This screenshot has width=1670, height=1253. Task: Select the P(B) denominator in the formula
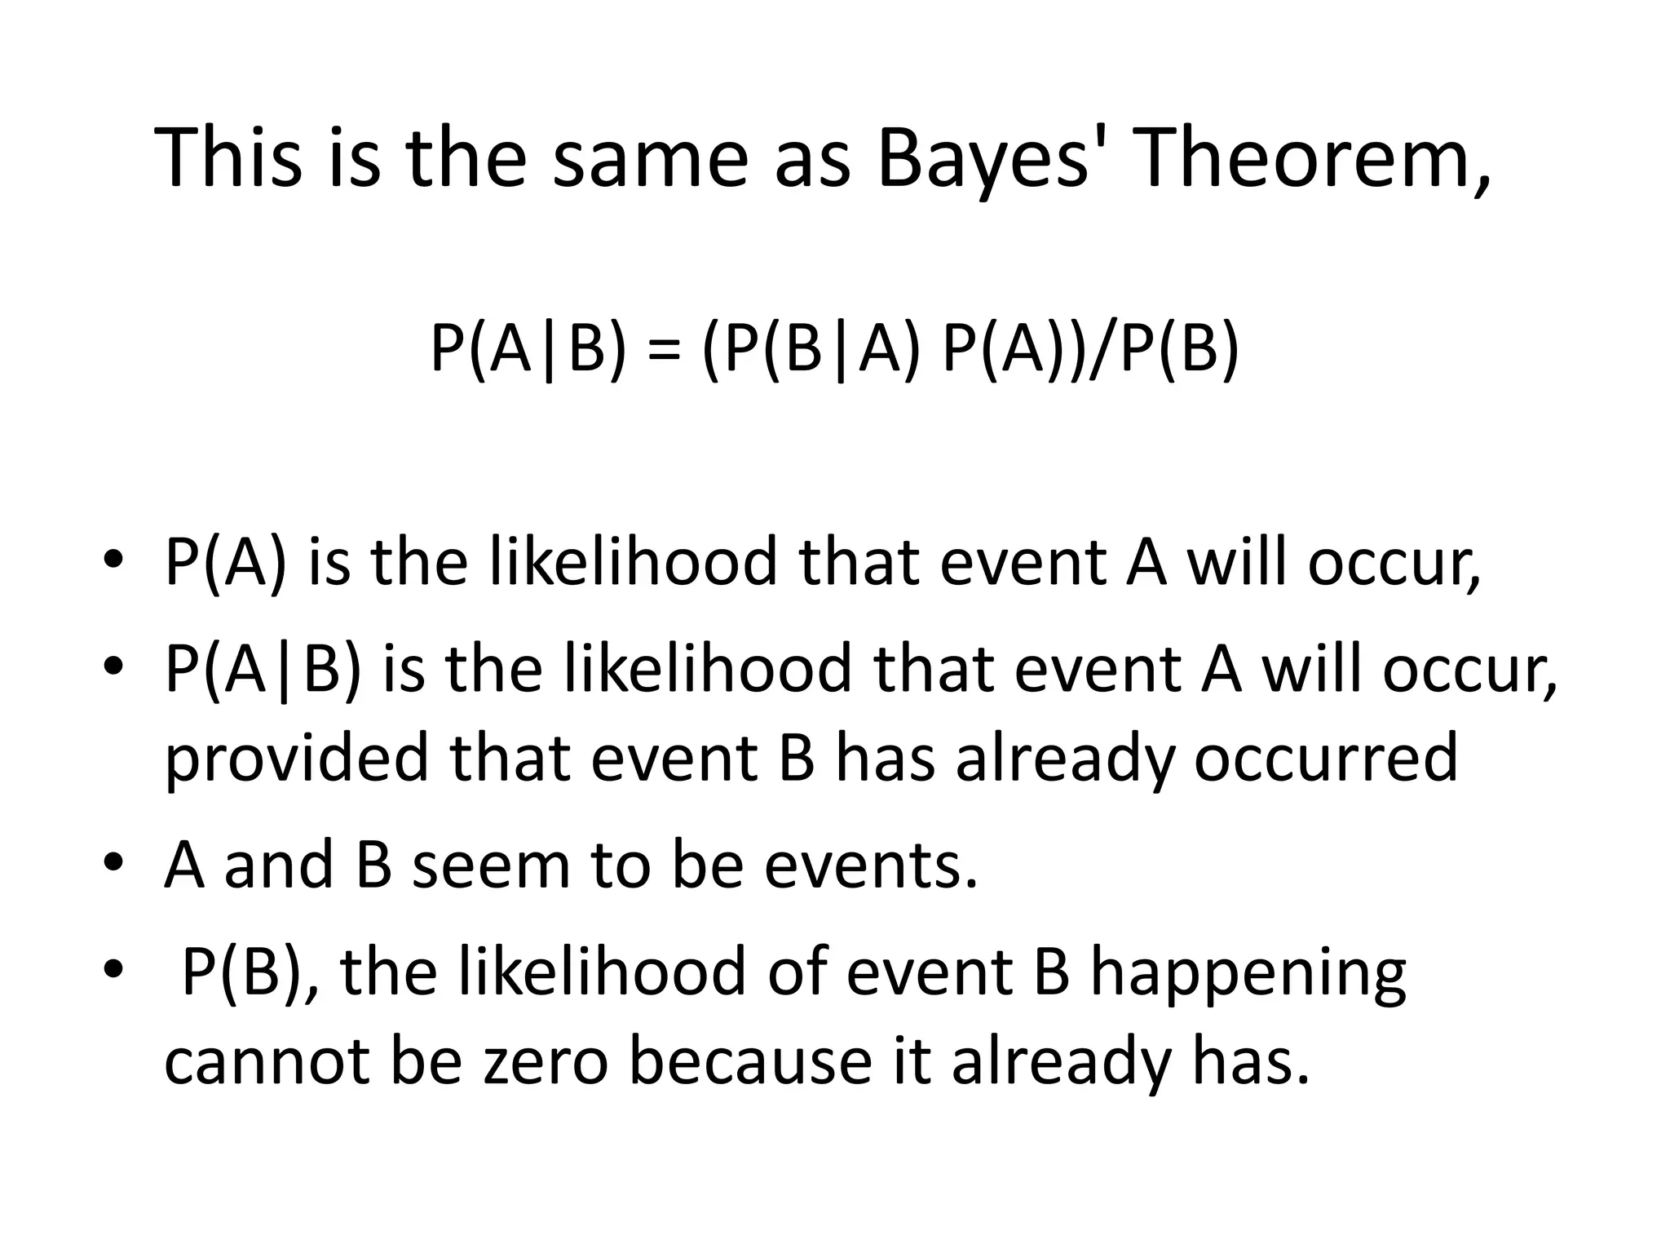tap(1178, 348)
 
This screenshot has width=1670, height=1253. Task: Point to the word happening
tap(1248, 972)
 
